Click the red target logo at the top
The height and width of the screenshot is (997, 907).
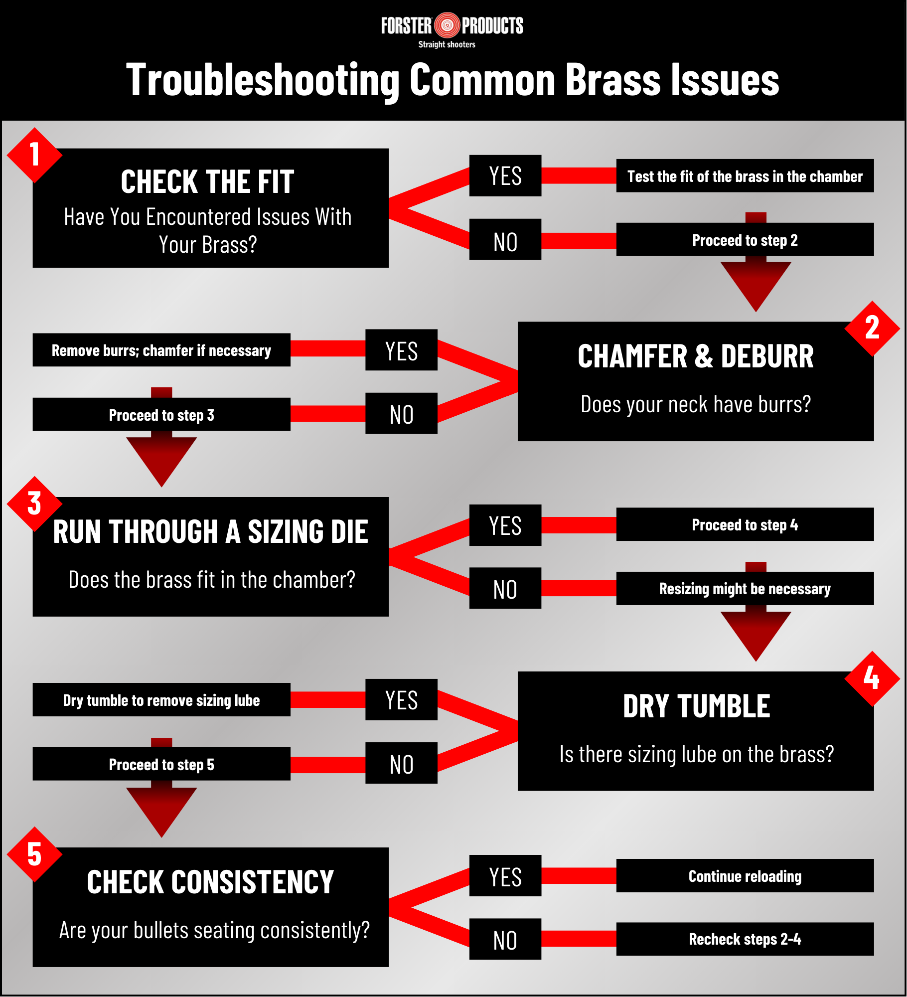click(447, 25)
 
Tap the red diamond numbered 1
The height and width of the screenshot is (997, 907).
click(34, 155)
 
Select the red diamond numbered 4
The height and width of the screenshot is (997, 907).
click(872, 678)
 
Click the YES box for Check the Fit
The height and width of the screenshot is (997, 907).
click(505, 176)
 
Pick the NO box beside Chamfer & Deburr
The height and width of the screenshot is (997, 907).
click(401, 414)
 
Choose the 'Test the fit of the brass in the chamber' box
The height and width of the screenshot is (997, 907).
click(745, 176)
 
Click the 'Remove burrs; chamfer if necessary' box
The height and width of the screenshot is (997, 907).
click(161, 350)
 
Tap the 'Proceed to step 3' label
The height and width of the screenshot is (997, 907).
click(161, 415)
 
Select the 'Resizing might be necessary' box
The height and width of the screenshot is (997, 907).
click(745, 589)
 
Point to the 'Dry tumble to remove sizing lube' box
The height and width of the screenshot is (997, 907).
click(161, 700)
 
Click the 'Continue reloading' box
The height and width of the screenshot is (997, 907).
click(745, 876)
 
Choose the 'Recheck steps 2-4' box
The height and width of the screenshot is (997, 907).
click(745, 939)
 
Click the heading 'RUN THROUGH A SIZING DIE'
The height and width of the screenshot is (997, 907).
click(210, 531)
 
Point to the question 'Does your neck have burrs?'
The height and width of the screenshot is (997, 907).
click(696, 404)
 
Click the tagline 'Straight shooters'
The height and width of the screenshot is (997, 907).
click(447, 44)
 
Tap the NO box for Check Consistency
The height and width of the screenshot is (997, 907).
click(505, 940)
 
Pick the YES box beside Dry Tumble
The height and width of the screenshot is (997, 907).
click(401, 700)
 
